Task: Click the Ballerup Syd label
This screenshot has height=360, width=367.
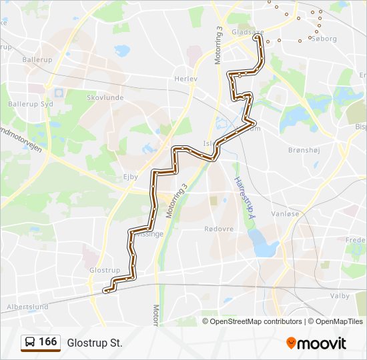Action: (26, 104)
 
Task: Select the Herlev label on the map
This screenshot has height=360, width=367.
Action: (187, 78)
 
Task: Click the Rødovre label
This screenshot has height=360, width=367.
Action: (218, 228)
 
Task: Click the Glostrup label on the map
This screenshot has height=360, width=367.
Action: (104, 270)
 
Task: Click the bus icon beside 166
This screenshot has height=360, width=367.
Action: (30, 343)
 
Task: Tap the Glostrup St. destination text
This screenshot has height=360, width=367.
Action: (95, 343)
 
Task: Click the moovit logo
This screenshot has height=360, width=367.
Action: (316, 343)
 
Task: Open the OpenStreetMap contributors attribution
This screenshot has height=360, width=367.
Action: (256, 321)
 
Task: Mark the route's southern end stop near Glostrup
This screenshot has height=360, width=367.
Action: (105, 291)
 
